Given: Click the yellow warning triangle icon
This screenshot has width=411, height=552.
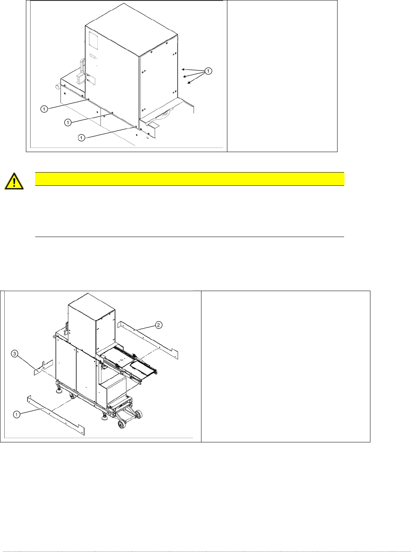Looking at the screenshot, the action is point(14,181).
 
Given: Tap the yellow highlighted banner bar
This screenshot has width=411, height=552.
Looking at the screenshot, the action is point(189,179).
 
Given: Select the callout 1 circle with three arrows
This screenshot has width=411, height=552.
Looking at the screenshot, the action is point(208,71).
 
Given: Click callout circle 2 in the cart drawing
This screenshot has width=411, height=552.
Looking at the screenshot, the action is point(159,325).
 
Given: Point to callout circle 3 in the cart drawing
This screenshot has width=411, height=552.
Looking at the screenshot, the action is point(15,354).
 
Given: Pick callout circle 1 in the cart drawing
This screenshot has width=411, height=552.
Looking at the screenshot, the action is point(17,414).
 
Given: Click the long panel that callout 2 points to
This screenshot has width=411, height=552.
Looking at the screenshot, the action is point(148,339).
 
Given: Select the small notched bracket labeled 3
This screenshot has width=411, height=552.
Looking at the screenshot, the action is point(43,367).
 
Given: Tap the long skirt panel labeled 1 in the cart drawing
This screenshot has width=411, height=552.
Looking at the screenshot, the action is point(56,415).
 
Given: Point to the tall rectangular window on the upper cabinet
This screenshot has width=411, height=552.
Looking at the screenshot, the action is point(93,40).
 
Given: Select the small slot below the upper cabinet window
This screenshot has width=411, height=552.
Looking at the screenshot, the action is point(92,56).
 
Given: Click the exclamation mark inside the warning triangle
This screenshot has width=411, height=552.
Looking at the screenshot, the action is point(14,182).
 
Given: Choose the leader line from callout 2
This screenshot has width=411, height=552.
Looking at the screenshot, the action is point(144,327).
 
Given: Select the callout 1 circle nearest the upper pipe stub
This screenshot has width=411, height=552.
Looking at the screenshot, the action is point(44,109).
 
